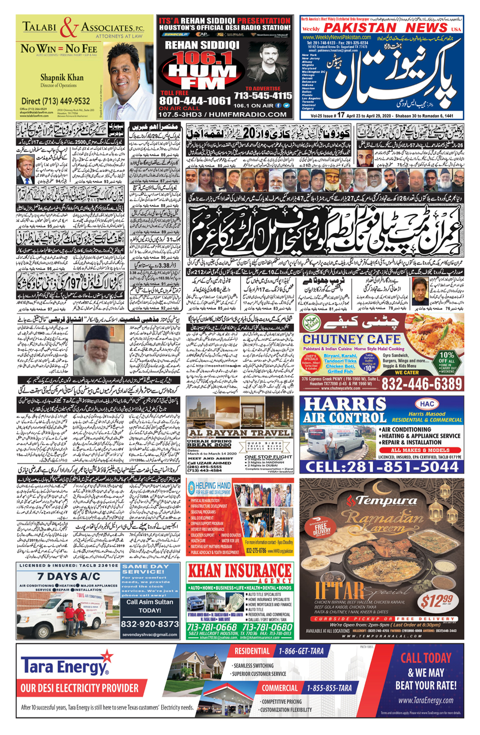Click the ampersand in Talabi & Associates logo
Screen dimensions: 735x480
click(x=70, y=28)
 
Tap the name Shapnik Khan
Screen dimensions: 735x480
click(x=62, y=77)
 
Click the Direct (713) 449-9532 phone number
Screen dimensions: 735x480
click(x=55, y=101)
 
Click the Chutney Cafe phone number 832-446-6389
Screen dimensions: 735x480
click(x=422, y=384)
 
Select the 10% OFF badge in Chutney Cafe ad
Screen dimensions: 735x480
click(x=446, y=361)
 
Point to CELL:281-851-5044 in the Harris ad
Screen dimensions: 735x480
click(x=382, y=466)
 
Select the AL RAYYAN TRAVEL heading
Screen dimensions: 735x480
click(x=240, y=433)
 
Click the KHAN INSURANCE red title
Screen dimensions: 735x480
click(x=240, y=571)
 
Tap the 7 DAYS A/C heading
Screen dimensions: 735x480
click(x=68, y=576)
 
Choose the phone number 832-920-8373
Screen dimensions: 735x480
click(x=150, y=624)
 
